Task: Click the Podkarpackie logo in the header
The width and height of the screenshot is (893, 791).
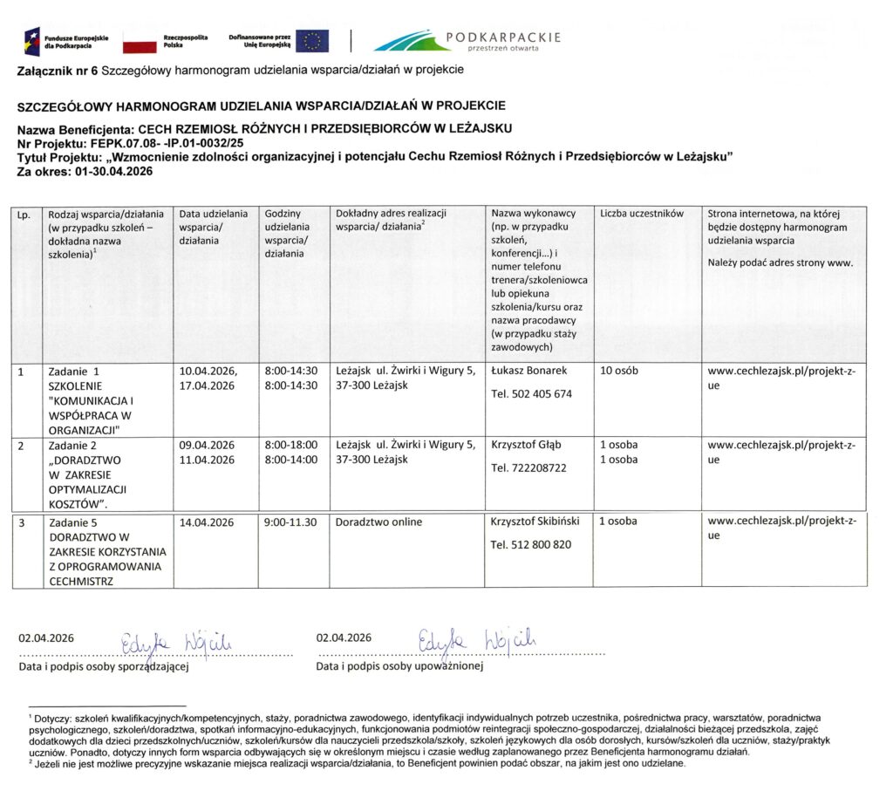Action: point(467,40)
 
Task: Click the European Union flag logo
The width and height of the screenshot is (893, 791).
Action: point(311,40)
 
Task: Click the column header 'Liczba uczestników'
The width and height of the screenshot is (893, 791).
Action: point(642,213)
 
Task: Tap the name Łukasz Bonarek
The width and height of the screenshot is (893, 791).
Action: point(529,371)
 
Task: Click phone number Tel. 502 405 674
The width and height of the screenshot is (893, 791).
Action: point(531,394)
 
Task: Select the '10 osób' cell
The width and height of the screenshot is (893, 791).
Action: point(619,371)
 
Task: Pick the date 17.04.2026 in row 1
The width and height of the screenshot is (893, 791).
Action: point(207,385)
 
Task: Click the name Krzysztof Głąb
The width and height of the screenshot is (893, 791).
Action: point(526,445)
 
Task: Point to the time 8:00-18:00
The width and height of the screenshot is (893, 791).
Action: point(290,445)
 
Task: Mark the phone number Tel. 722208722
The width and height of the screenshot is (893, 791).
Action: point(528,468)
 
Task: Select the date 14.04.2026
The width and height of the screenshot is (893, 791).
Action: point(207,522)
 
